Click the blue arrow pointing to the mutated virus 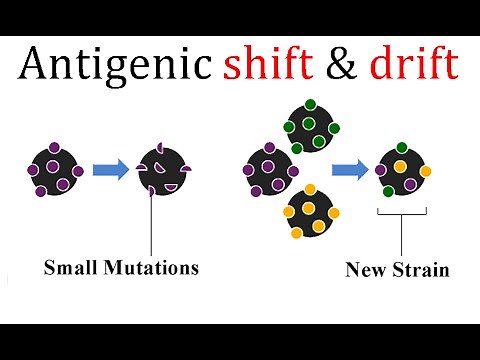coord(110,170)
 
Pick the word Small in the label coord(72,267)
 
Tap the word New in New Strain coord(365,269)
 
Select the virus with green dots coord(312,124)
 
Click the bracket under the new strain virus coord(402,212)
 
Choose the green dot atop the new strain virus coord(401,148)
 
